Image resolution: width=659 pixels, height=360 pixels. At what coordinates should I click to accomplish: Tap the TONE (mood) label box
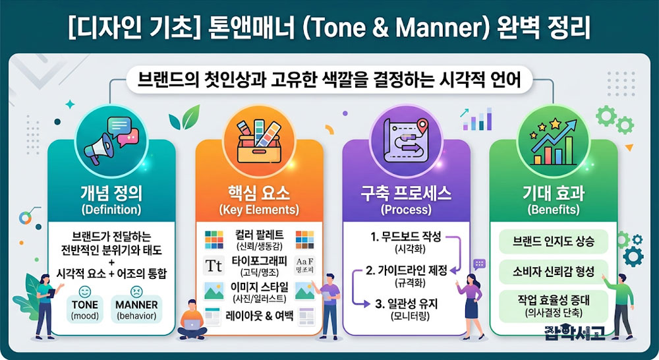(85, 309)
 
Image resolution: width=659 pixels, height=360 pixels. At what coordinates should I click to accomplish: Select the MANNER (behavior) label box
(136, 309)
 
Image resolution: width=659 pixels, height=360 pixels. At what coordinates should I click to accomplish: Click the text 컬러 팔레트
(259, 235)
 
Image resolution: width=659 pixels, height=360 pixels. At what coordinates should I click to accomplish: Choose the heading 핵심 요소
(259, 193)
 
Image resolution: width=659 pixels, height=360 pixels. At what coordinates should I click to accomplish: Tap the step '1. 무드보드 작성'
(406, 237)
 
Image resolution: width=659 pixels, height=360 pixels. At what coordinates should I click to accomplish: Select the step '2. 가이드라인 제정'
(407, 270)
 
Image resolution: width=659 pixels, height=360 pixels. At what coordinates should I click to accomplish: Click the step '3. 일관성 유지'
(407, 303)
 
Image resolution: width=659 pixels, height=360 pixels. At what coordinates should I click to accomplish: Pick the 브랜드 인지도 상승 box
(554, 241)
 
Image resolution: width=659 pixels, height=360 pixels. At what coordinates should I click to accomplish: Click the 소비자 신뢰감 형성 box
(554, 272)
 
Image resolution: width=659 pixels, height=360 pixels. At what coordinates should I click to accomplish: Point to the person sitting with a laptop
(192, 319)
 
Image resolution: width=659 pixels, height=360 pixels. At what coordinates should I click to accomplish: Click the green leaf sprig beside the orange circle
(185, 117)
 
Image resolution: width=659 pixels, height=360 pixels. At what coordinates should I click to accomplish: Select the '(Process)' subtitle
(406, 210)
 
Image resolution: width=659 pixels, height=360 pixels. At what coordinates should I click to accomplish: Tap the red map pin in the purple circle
(422, 125)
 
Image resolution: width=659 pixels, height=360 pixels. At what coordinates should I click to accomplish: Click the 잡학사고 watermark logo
(575, 332)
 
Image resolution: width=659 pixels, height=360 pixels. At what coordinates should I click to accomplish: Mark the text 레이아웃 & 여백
(259, 315)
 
